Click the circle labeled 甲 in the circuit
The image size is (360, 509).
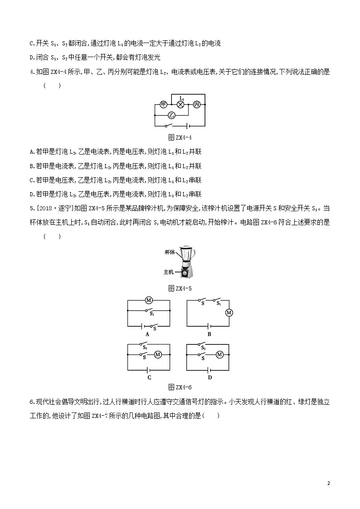point(164,104)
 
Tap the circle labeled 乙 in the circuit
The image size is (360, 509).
point(171,115)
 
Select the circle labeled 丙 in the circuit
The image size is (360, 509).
point(196,104)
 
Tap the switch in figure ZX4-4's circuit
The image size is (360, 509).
point(170,126)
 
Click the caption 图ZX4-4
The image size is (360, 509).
point(180,138)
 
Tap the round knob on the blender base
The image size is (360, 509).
point(185,273)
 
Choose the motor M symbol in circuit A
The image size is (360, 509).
point(147,300)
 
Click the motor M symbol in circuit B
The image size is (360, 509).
point(229,313)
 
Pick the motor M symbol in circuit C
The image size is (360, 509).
point(158,354)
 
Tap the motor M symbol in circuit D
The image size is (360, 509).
point(219,354)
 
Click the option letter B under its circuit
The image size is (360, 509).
point(209,334)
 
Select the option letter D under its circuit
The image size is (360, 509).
point(209,377)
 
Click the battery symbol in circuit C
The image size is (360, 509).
point(148,368)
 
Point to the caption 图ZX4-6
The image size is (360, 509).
point(180,387)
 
